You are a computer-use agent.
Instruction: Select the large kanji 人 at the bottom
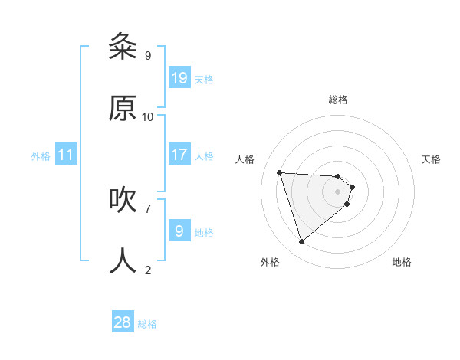click(x=123, y=260)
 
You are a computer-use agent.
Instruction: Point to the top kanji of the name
click(x=123, y=47)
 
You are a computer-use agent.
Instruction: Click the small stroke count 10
click(x=148, y=116)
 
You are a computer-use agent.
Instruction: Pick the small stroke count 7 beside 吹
click(x=147, y=208)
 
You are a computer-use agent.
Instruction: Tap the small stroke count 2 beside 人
click(x=147, y=269)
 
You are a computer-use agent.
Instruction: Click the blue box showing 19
click(x=179, y=77)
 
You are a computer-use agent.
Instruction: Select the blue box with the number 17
click(x=179, y=154)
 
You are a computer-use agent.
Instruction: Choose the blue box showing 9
click(x=179, y=231)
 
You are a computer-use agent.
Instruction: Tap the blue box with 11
click(x=66, y=155)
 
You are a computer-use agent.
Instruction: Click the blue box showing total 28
click(x=123, y=322)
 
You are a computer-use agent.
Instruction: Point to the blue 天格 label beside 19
click(x=204, y=79)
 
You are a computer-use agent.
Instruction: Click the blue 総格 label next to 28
click(x=147, y=324)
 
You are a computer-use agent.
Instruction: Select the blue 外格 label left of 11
click(x=41, y=156)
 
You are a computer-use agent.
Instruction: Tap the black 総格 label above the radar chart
click(x=338, y=100)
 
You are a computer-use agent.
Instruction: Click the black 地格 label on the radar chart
click(x=402, y=262)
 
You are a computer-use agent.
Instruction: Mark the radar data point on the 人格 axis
click(x=280, y=172)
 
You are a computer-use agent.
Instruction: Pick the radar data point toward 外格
click(x=301, y=242)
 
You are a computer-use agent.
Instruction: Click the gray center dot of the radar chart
click(x=338, y=191)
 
